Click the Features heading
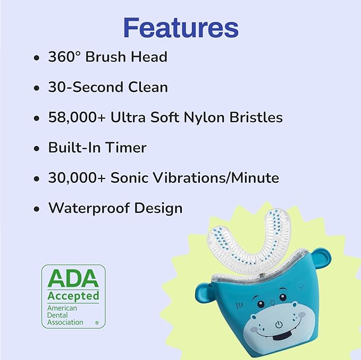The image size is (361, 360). (x=181, y=27)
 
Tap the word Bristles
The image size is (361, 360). (x=257, y=117)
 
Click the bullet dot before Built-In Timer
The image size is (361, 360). (x=36, y=148)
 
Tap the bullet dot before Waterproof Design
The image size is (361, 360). (x=36, y=209)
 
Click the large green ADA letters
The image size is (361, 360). (x=73, y=278)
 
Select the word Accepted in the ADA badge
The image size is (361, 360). (x=73, y=295)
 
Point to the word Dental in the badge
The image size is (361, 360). (x=59, y=315)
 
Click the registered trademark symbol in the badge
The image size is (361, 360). (x=96, y=322)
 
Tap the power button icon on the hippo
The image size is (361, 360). (x=279, y=323)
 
